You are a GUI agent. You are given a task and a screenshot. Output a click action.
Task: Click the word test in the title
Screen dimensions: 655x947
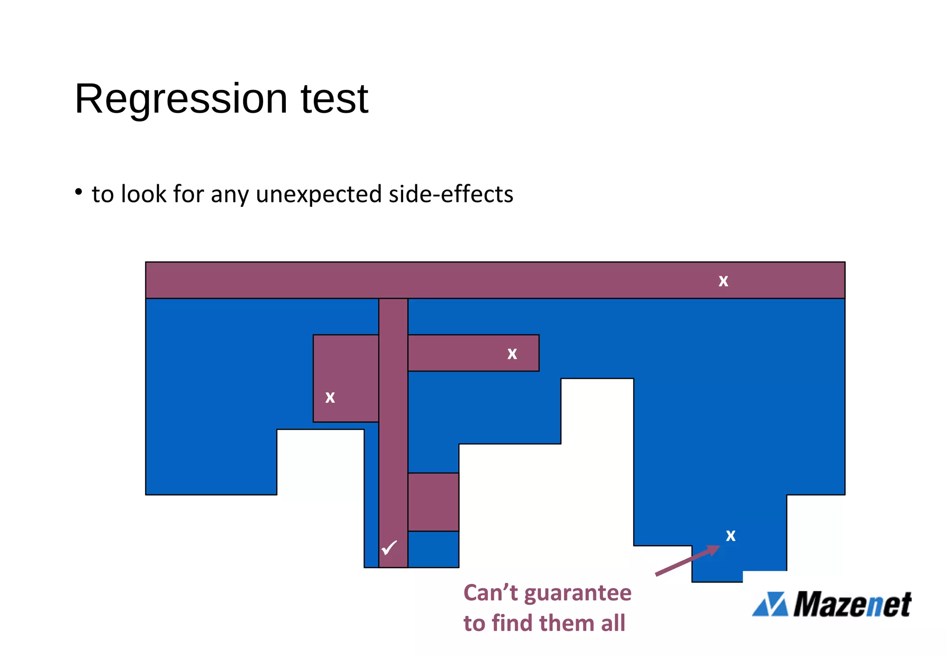[x=334, y=99]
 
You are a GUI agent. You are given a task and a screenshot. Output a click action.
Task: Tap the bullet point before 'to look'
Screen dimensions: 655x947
[x=79, y=192]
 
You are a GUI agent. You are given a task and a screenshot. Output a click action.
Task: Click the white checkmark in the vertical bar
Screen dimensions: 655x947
[x=389, y=548]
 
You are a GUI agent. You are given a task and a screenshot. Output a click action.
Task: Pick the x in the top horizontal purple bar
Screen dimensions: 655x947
[x=723, y=281]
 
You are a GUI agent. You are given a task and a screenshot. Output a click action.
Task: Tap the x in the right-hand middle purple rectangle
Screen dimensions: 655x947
[x=512, y=354]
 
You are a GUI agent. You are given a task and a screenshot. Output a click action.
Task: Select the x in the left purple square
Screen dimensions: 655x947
[x=330, y=397]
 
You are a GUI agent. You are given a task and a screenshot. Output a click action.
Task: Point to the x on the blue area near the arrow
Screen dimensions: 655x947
[x=731, y=535]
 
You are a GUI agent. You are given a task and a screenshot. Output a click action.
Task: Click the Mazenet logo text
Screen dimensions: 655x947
[x=852, y=605]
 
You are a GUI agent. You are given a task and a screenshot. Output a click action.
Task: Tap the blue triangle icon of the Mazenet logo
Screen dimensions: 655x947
[x=769, y=605]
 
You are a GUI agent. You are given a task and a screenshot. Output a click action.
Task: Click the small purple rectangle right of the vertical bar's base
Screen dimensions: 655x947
[x=433, y=502]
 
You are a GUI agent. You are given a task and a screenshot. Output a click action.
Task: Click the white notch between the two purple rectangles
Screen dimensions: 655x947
[x=320, y=462]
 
